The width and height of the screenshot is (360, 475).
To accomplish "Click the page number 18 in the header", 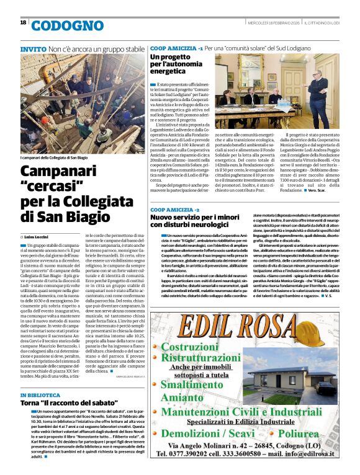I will click(23, 22).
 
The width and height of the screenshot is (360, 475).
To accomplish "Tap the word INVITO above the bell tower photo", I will click(33, 48).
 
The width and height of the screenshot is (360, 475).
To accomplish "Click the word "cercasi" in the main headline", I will click(49, 185).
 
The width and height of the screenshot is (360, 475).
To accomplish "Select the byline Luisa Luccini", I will click(38, 237).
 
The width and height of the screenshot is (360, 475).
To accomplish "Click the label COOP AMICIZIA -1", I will click(176, 48).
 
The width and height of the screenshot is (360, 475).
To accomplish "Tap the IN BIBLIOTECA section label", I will click(41, 395).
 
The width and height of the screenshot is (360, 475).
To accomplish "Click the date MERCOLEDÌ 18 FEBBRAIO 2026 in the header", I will click(289, 22).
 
